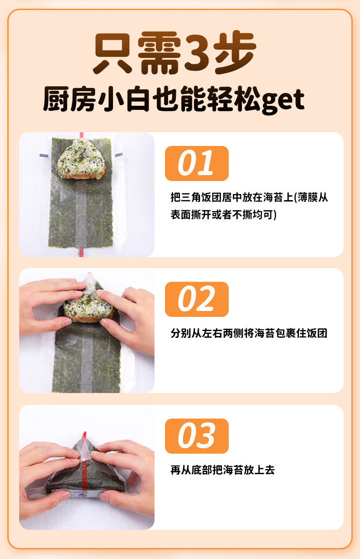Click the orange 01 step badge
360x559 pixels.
[x=196, y=163]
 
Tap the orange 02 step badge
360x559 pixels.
[x=196, y=299]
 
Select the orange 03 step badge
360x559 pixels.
[x=196, y=436]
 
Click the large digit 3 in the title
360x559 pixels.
[x=197, y=53]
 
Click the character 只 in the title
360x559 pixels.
[x=113, y=53]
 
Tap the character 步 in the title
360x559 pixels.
[x=235, y=53]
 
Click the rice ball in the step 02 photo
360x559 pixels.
[x=88, y=307]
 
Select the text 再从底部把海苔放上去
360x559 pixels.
[x=222, y=470]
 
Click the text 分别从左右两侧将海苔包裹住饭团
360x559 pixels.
[x=249, y=333]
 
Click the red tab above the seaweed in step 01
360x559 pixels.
[x=81, y=135]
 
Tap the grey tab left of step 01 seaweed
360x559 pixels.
[x=44, y=156]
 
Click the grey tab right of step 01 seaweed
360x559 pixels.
[x=118, y=155]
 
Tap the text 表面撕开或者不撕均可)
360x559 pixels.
[x=224, y=215]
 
